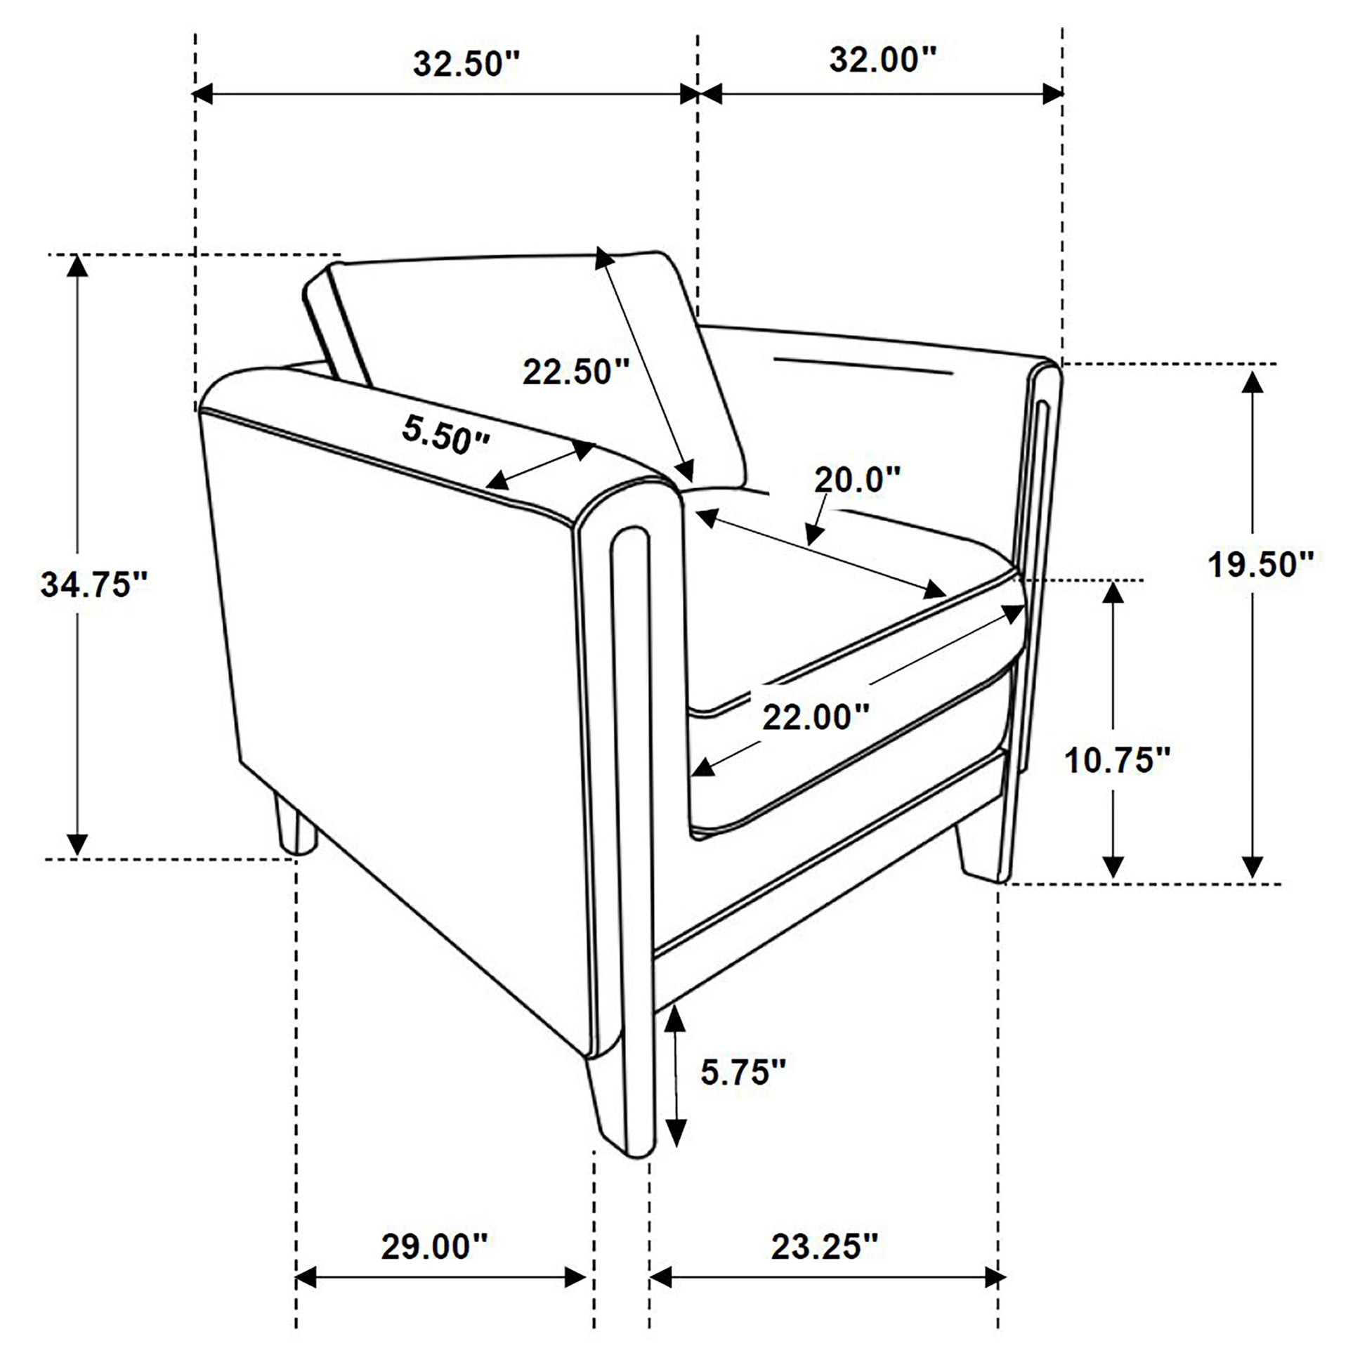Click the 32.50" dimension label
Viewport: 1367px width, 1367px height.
click(x=466, y=64)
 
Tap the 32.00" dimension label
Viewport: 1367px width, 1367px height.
click(x=883, y=60)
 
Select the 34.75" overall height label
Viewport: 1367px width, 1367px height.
click(x=94, y=584)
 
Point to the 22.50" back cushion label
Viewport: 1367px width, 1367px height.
click(x=576, y=371)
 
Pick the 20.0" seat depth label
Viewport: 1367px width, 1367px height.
click(x=857, y=480)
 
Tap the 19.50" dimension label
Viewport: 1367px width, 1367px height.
click(x=1261, y=564)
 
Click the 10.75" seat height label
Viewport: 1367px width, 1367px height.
click(x=1118, y=760)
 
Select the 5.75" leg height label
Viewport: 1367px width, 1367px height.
click(x=744, y=1071)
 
